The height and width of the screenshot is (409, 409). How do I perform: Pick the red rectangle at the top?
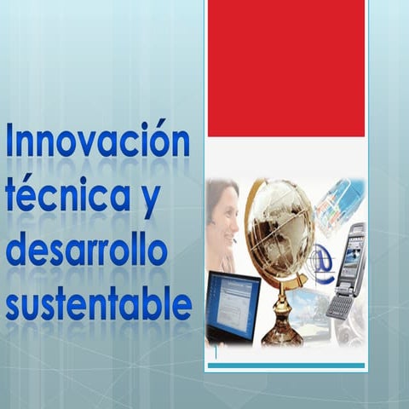pos(286,68)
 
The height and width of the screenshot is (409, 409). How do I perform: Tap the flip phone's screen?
pos(353,253)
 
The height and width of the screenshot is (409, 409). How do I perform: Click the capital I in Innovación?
pos(11,141)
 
